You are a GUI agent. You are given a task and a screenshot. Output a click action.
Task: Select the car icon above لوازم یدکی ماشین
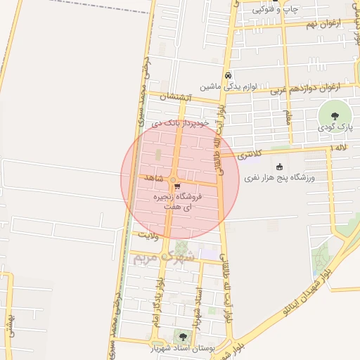(228, 76)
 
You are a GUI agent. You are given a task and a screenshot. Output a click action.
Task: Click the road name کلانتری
(247, 153)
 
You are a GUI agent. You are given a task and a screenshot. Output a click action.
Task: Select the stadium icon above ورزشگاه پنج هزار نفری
(280, 167)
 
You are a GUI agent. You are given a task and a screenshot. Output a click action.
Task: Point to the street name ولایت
(150, 233)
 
